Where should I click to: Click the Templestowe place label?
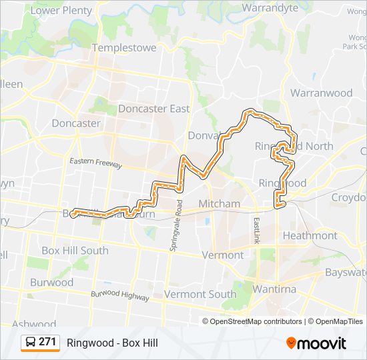(124, 48)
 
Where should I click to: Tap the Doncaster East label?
(153, 109)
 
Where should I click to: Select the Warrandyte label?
(270, 8)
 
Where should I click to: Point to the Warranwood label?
(321, 93)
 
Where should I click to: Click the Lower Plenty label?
(61, 10)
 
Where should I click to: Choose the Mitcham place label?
(220, 203)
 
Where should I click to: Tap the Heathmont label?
(310, 235)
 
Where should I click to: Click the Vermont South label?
(200, 294)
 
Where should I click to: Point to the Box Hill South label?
(75, 250)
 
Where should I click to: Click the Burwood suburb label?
(52, 282)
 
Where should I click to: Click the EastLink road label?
(256, 230)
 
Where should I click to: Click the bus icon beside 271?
(31, 343)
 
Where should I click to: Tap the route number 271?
(47, 342)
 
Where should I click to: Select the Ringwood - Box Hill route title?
(112, 343)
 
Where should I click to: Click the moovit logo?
(316, 343)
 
